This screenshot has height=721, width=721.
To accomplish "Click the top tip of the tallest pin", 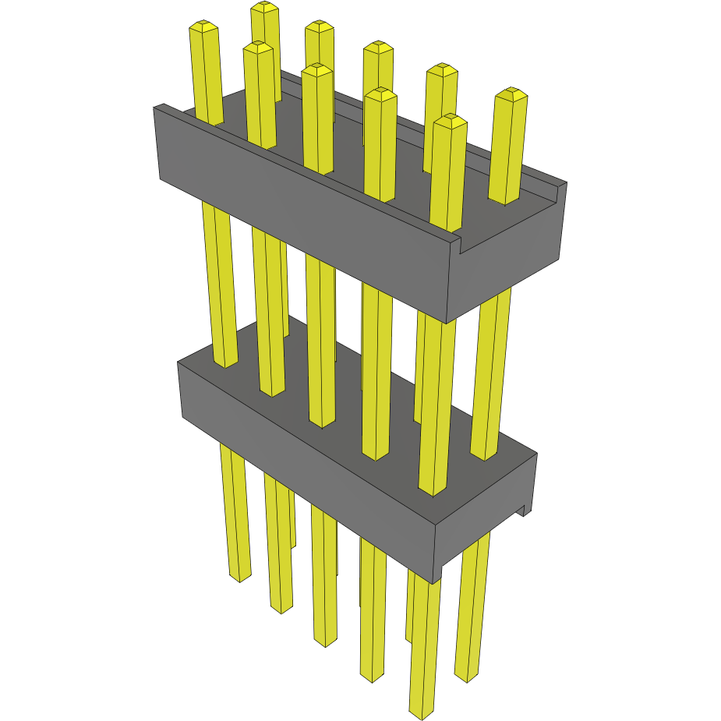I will pos(265,8).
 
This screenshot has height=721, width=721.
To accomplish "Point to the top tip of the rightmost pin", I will pos(511,94).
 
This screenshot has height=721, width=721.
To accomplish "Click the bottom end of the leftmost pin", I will pos(240,577).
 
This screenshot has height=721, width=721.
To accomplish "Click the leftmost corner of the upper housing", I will pos(154,109).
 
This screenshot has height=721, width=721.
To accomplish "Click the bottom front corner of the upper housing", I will pos(445,321).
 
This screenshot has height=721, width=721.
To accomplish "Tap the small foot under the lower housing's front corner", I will pos(437,575).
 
